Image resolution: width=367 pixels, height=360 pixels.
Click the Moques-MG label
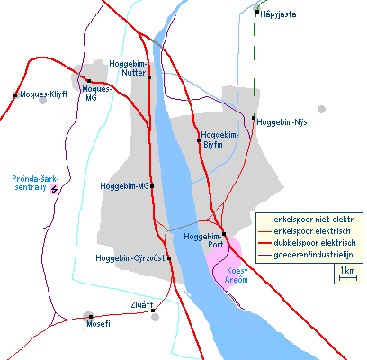tap(96, 93)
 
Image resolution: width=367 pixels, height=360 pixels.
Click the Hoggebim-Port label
tap(202, 239)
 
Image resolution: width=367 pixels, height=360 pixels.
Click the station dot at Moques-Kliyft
tap(16, 94)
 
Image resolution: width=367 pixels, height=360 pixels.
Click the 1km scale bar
tap(345, 274)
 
